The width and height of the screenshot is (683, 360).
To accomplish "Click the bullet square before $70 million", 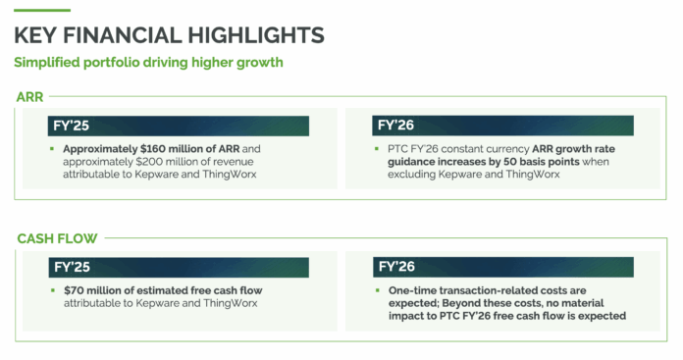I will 52,290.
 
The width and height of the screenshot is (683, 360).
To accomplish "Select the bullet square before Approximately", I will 52,149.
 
